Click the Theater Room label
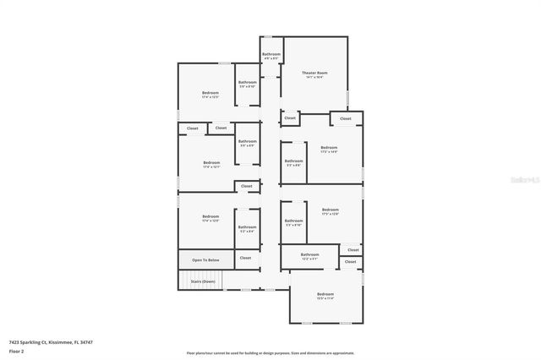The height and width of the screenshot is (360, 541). [x=315, y=73]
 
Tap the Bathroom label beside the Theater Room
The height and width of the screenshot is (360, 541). [x=270, y=54]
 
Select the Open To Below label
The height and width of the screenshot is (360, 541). [x=205, y=259]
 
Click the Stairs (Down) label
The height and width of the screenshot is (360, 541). [x=202, y=281]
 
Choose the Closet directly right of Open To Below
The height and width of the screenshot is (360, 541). [x=245, y=258]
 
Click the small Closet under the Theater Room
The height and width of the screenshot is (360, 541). [x=290, y=118]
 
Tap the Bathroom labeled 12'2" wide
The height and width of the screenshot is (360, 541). [x=310, y=254]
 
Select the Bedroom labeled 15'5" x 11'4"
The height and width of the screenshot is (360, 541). [x=325, y=294]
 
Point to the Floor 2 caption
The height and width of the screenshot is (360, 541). [x=16, y=350]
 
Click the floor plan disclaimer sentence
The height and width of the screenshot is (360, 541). [x=270, y=352]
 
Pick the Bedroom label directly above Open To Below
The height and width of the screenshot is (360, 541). [x=210, y=217]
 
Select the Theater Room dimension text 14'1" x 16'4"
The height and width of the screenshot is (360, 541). [x=315, y=78]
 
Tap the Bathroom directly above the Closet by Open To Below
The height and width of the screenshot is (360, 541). [x=247, y=226]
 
